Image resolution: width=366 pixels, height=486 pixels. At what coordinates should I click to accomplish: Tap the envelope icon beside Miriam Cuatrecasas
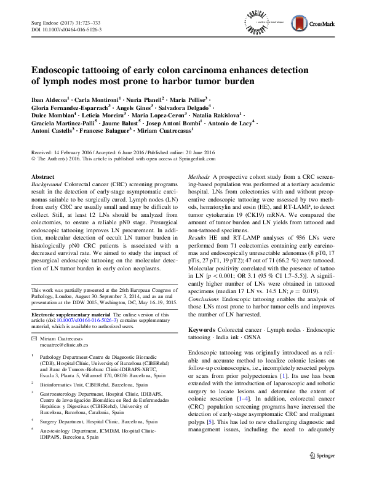[33, 339]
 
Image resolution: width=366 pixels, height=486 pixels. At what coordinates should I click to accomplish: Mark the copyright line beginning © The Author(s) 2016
[111, 157]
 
